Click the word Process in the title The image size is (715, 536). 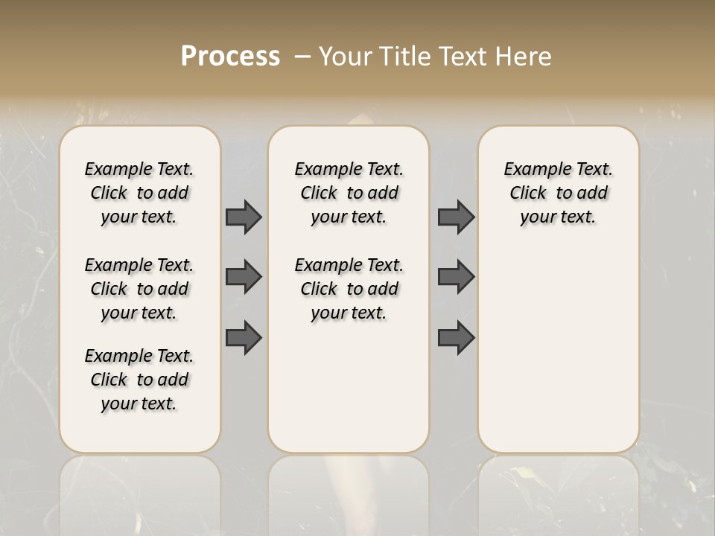tap(230, 57)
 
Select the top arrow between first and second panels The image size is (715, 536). tap(244, 217)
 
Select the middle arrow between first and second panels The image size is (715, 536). tap(244, 277)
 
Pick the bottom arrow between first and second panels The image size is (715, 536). tap(244, 337)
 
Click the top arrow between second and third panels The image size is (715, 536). tap(456, 217)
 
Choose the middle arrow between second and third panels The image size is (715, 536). tap(456, 277)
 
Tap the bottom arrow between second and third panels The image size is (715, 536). tap(456, 337)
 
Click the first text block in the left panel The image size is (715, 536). tap(139, 193)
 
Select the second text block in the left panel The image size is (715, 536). tap(139, 289)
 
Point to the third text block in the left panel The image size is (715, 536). tap(139, 380)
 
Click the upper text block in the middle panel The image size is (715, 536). tap(349, 193)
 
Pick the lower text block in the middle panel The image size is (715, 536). tap(349, 289)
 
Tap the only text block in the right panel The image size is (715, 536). tap(559, 193)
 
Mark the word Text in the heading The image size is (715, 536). tap(465, 57)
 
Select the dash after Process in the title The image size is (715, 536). tap(302, 57)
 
